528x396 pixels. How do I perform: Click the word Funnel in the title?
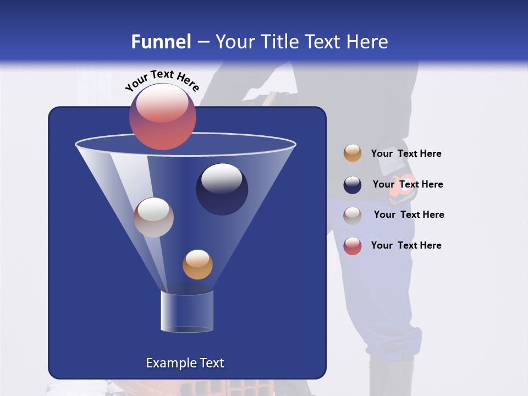tap(161, 41)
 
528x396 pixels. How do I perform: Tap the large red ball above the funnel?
tap(163, 117)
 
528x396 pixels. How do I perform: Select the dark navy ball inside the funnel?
tap(222, 189)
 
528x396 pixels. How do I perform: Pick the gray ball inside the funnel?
tap(153, 217)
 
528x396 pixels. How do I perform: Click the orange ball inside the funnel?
tap(197, 265)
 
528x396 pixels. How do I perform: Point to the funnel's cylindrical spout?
tap(187, 311)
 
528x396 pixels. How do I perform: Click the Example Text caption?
tap(185, 363)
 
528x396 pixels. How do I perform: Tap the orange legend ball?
tap(353, 153)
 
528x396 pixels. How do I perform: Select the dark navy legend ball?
tap(353, 185)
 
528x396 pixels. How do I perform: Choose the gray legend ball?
tap(353, 216)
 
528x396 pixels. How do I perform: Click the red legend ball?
tap(353, 246)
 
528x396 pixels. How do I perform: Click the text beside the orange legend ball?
tap(406, 154)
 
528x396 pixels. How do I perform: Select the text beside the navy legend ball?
tap(408, 184)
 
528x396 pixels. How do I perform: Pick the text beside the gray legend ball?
tap(409, 215)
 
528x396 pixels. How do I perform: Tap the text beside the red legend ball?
tap(406, 245)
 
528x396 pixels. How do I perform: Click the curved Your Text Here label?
tap(162, 80)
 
